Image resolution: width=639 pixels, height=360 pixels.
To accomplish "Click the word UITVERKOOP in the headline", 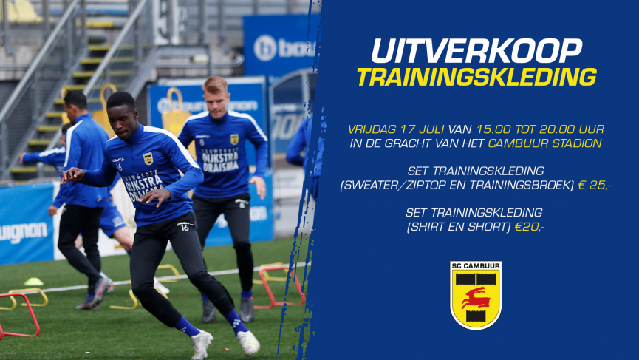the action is coord(476,51).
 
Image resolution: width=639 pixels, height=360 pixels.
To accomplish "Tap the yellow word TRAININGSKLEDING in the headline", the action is coord(476,77).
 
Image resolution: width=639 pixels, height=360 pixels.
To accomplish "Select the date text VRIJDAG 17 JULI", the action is coord(396,129).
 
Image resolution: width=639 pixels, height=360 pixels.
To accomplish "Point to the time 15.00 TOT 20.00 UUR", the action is coord(540,129).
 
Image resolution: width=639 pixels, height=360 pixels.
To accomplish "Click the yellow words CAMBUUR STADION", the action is coord(545,143).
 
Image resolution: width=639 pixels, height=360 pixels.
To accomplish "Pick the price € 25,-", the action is coord(595,185).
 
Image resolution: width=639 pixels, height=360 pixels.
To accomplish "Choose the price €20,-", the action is coord(530,227).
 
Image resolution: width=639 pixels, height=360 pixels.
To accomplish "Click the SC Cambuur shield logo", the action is coord(476,295).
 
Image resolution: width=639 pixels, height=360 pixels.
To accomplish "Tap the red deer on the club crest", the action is coord(475,298).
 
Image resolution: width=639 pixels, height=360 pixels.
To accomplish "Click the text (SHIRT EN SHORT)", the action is coord(459,227).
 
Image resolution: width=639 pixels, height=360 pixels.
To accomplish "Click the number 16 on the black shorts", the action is coord(185,228).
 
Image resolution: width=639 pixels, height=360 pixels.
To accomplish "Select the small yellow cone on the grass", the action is coord(33,282).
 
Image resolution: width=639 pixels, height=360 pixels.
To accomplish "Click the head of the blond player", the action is coord(216,94).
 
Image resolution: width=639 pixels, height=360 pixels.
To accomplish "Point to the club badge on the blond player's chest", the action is coord(234,140).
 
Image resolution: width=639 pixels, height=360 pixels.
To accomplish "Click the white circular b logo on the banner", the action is coord(265,48).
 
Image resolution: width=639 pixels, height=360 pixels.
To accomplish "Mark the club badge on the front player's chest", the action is coord(148,159).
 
